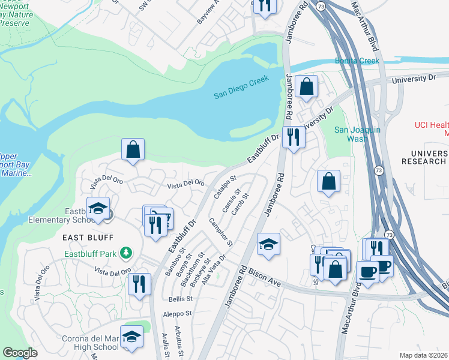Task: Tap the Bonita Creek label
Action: click(x=357, y=61)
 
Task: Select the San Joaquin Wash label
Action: click(x=349, y=134)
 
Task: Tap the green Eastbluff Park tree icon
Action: click(x=125, y=253)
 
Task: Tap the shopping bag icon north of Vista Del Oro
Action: click(x=133, y=150)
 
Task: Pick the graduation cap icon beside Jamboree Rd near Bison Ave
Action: click(x=268, y=244)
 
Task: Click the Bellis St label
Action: click(x=179, y=298)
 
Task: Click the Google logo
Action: click(x=20, y=353)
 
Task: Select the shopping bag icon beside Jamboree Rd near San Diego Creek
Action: click(x=307, y=86)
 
